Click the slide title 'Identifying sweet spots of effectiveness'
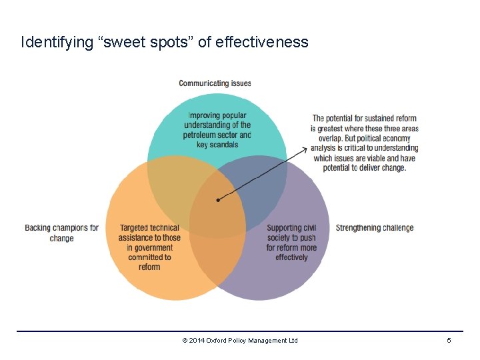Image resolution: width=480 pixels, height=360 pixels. [165, 43]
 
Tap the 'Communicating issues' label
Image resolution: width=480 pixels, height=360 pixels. [215, 83]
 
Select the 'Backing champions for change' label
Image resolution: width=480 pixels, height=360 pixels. [61, 233]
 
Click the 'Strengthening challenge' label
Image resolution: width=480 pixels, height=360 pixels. [375, 228]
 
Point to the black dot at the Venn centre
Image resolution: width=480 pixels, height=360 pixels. [218, 200]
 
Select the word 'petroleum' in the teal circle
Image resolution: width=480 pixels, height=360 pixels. [200, 135]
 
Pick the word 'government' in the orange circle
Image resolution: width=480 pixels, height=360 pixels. [150, 247]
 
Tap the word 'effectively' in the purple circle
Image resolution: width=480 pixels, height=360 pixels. [291, 257]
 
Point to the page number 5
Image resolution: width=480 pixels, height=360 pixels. [449, 341]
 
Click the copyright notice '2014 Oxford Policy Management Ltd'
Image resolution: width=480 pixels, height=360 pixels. [243, 341]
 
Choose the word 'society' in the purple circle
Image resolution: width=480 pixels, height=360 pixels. [279, 238]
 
